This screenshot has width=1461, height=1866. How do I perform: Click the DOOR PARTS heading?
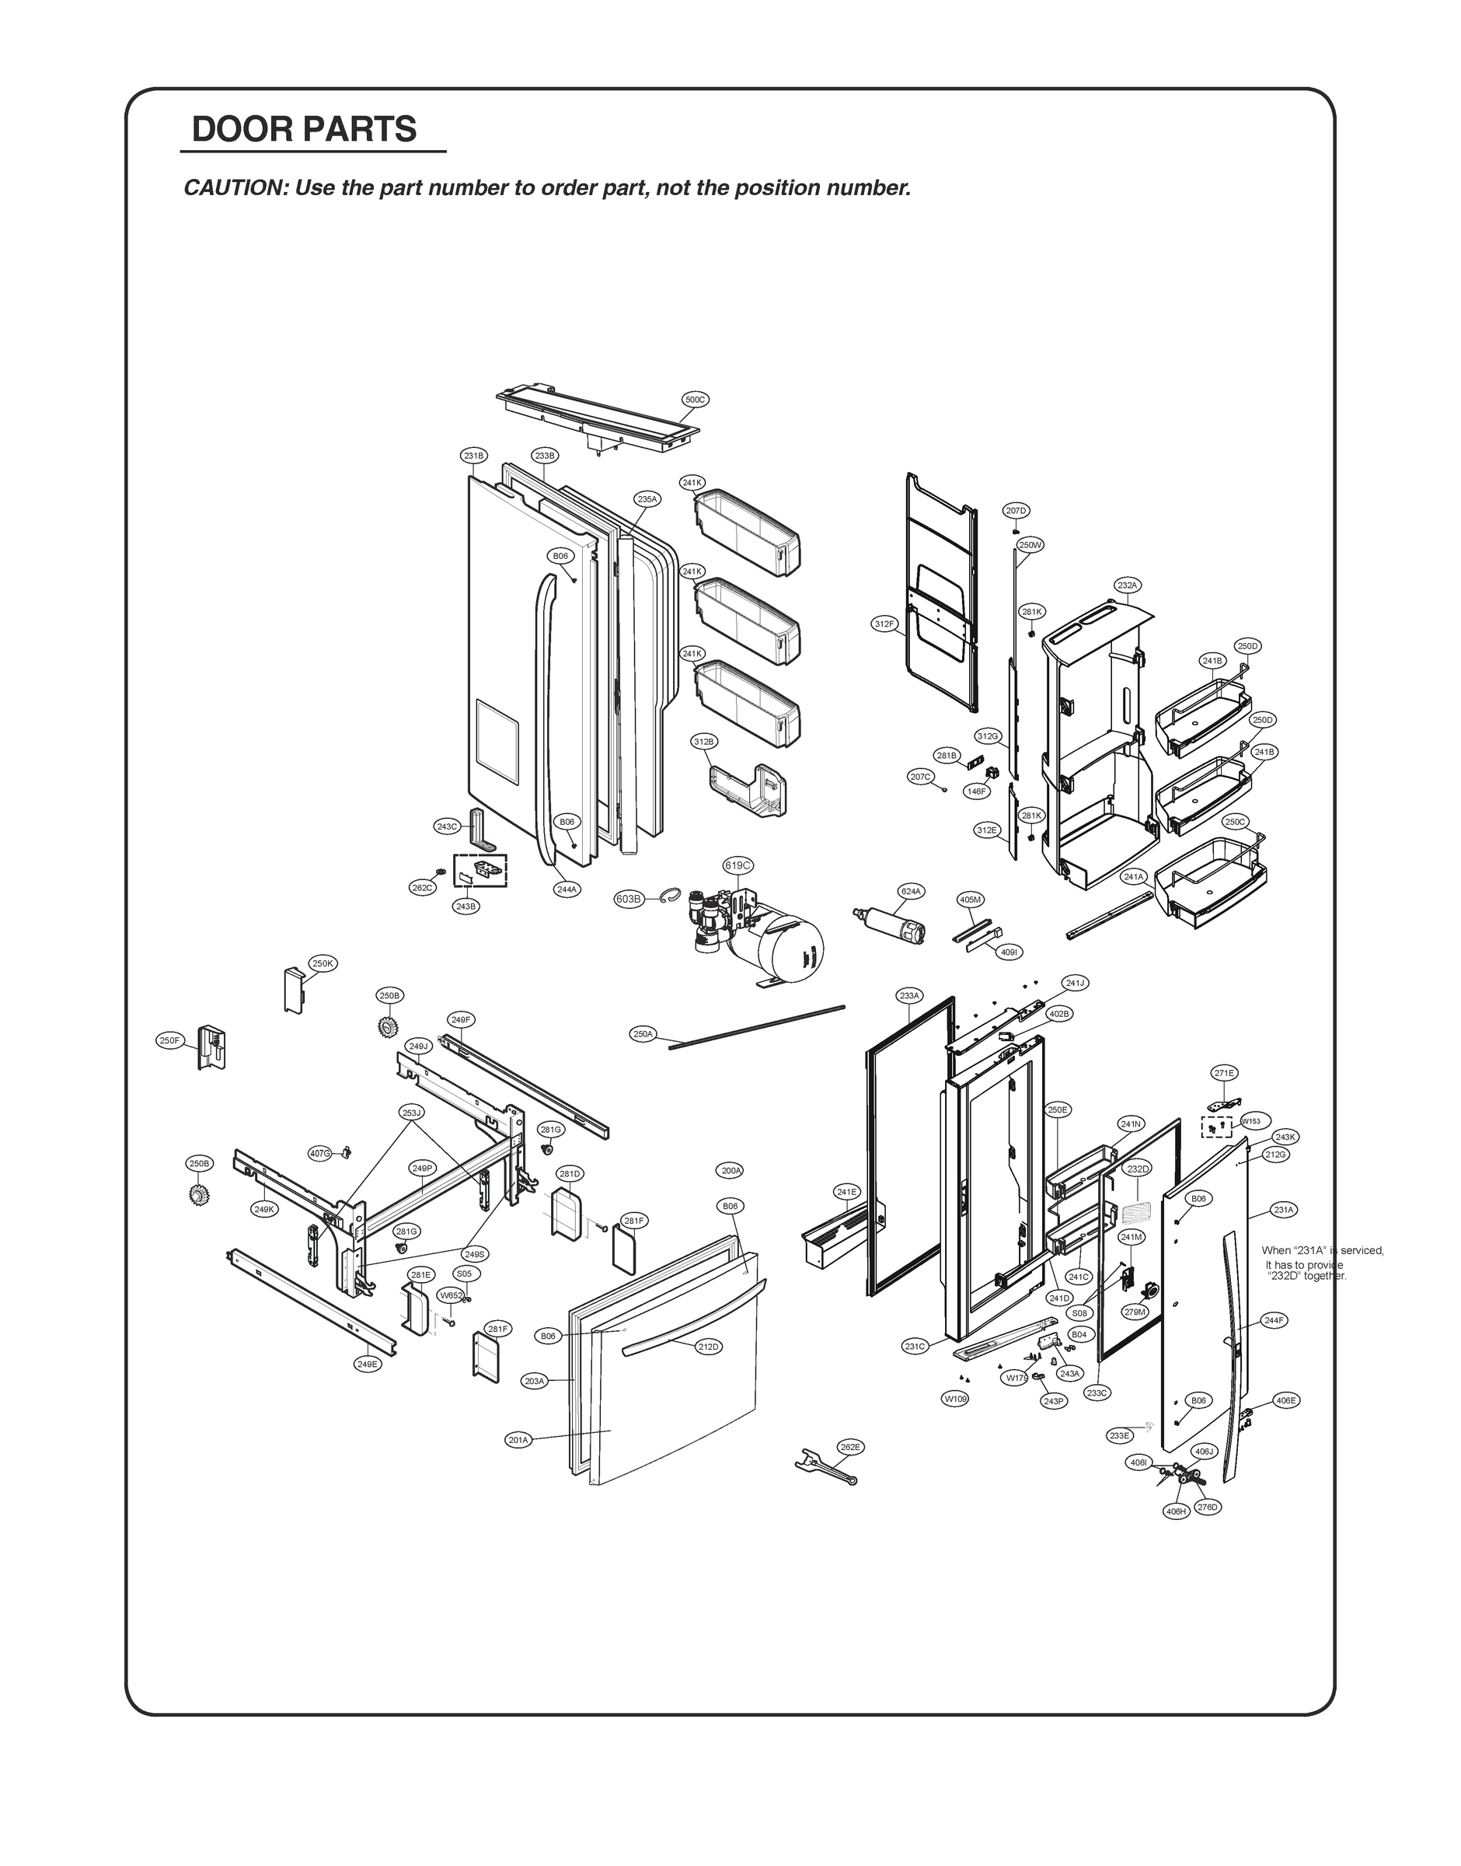click(304, 129)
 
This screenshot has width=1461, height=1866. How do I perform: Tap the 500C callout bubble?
click(695, 400)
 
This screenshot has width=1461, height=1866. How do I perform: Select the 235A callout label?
click(647, 499)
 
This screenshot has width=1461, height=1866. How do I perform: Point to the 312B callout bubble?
click(703, 741)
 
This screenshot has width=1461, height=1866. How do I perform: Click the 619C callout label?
click(738, 865)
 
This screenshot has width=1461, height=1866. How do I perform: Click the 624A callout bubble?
click(911, 892)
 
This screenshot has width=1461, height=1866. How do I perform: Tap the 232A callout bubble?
click(1128, 585)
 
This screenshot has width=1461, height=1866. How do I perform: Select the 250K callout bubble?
click(323, 963)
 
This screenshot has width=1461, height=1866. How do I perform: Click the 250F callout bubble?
click(169, 1040)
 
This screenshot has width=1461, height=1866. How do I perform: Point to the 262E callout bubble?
click(849, 1447)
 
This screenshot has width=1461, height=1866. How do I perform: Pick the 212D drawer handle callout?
click(708, 1347)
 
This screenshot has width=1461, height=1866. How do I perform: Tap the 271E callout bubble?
click(1225, 1073)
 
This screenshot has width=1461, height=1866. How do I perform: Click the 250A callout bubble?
click(643, 1034)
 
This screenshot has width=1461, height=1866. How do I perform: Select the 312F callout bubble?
click(884, 624)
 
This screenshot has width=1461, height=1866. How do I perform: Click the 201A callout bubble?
click(518, 1440)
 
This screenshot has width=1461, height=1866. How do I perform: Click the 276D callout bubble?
click(1207, 1508)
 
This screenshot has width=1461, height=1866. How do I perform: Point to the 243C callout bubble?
click(448, 826)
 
